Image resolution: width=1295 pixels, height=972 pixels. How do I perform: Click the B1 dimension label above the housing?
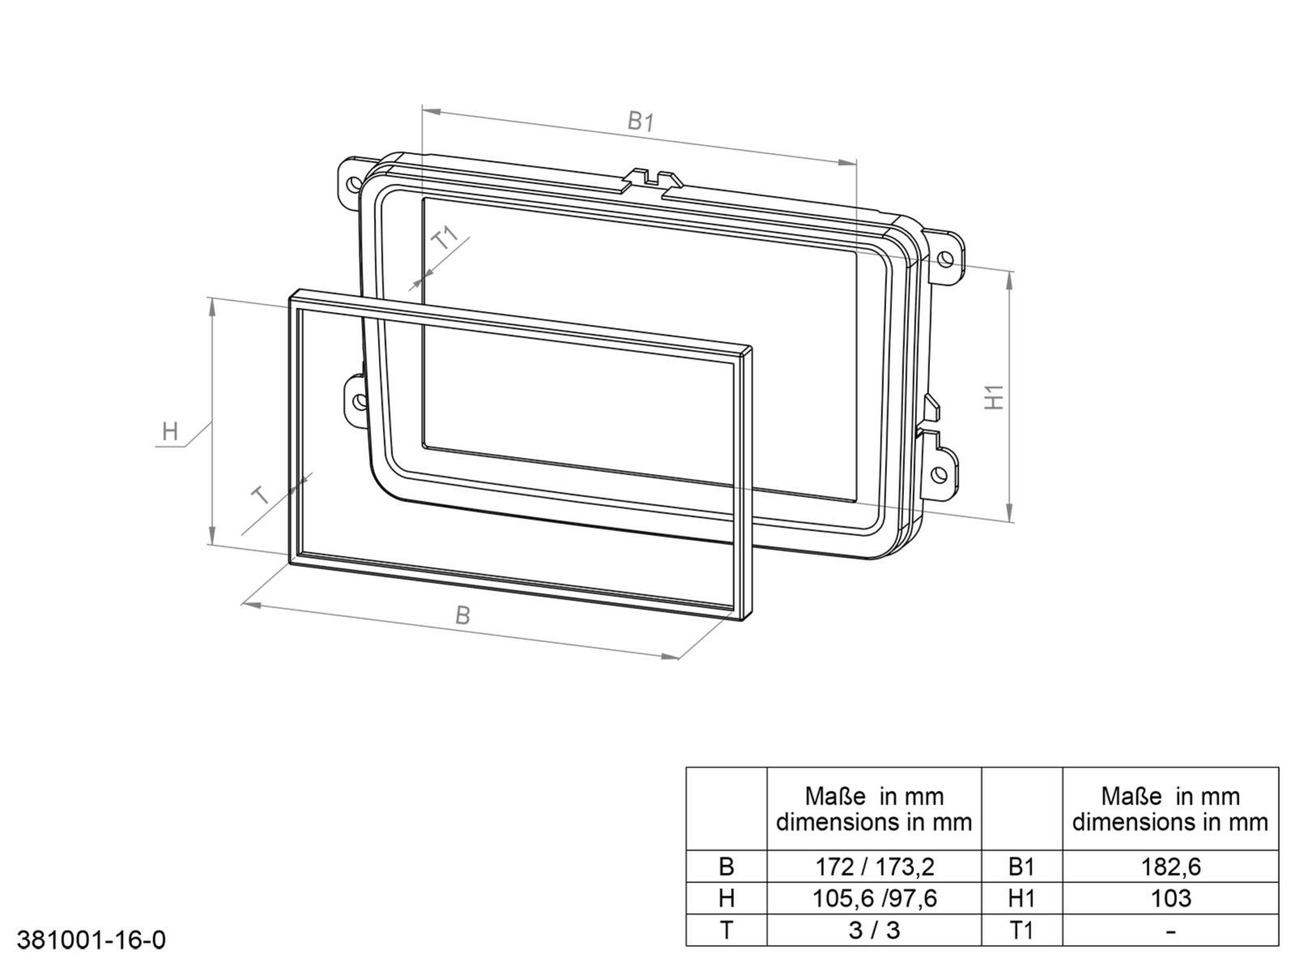640,122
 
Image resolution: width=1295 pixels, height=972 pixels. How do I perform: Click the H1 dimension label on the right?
995,396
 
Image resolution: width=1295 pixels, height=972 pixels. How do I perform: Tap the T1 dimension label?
445,239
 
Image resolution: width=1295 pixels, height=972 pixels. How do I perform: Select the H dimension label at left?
170,431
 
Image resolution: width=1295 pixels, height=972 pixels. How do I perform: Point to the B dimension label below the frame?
462,616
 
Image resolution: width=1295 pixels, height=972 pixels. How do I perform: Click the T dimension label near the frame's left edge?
261,495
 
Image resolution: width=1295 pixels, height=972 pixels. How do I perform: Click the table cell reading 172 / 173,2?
873,867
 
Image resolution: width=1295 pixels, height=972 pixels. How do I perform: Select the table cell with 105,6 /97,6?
873,898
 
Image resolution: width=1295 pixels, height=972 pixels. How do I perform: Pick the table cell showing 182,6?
1170,867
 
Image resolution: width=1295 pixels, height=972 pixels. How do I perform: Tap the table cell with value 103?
1170,898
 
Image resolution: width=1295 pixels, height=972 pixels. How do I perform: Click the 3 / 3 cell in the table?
873,930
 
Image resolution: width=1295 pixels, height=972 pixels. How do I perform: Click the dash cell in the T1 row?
1170,930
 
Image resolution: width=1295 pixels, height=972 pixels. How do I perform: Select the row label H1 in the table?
1021,898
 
